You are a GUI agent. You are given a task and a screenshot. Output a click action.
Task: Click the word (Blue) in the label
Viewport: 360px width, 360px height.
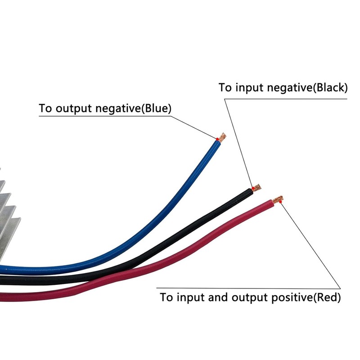tap(156, 108)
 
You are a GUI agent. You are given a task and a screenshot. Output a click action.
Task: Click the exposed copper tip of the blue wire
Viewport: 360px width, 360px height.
tap(222, 137)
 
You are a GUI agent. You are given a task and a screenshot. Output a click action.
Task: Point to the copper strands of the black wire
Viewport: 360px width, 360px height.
tap(257, 187)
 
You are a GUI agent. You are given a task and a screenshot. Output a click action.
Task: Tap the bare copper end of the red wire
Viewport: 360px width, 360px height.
tap(278, 199)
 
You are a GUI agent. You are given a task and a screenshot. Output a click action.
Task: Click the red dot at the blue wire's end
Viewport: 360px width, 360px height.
tap(217, 139)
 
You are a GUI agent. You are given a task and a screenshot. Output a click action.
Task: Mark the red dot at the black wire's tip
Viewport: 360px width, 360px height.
tap(253, 189)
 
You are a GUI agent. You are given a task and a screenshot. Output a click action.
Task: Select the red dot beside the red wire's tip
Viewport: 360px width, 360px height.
tap(280, 202)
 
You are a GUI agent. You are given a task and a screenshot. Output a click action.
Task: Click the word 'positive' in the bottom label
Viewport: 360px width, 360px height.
tap(292, 298)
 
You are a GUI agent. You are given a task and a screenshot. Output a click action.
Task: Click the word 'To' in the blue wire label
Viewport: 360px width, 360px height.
tap(45, 108)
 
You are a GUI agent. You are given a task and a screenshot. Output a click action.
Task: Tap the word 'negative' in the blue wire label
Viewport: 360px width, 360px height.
tap(118, 108)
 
